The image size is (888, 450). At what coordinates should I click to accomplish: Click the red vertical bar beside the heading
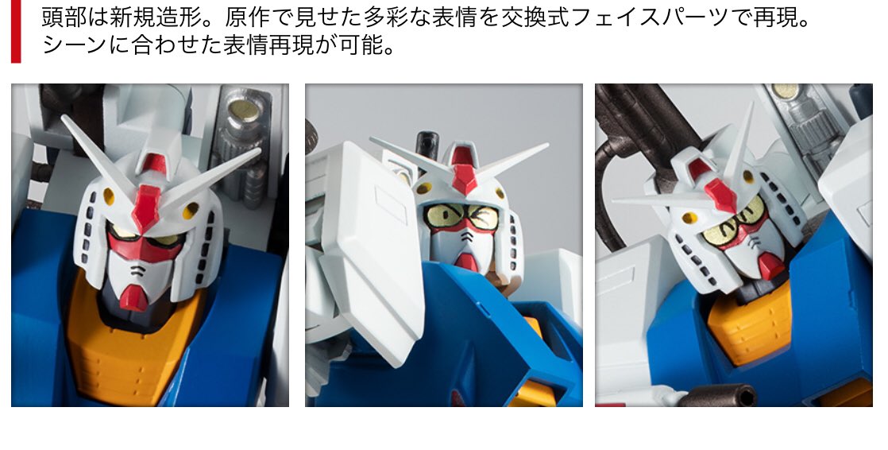point(16,31)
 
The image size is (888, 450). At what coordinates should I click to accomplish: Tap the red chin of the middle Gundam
point(467,262)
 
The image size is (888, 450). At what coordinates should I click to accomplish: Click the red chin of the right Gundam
point(771,266)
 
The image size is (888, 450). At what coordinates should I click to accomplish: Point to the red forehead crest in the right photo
point(716,184)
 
